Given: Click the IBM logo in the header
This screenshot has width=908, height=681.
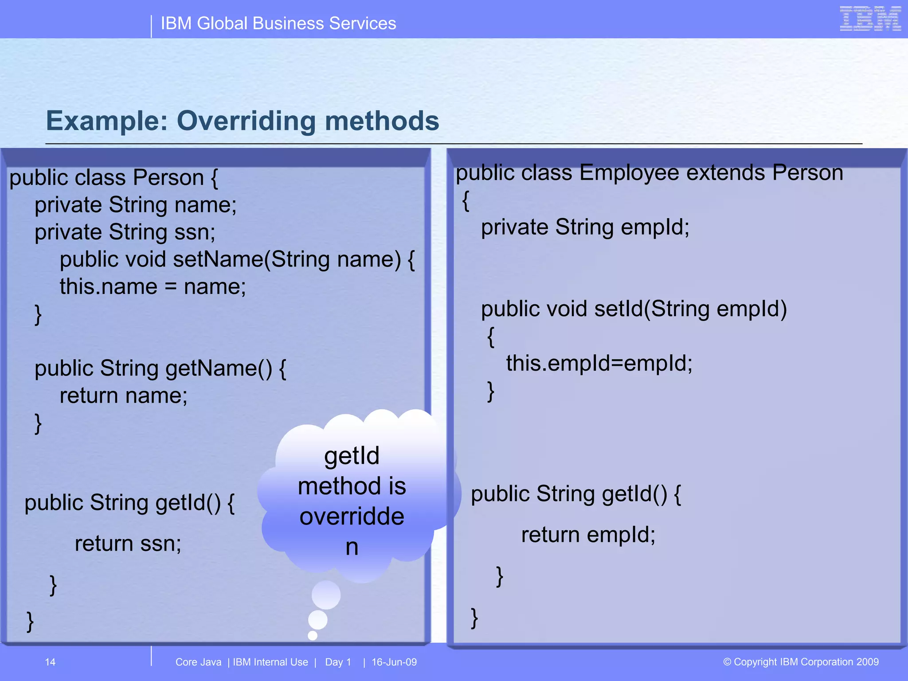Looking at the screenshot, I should click(870, 19).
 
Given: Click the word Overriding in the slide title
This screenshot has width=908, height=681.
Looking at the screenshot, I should click(247, 121).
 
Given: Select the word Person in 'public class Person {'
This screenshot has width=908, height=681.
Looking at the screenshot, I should click(168, 177).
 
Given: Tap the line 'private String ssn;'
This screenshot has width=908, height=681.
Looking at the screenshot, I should click(125, 232).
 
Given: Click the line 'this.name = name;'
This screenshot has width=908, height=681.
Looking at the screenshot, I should click(153, 286).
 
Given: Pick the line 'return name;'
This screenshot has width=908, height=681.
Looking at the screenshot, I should click(124, 395).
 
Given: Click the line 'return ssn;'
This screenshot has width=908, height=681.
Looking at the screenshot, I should click(128, 544).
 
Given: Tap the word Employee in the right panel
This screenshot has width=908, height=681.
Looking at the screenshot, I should click(629, 172).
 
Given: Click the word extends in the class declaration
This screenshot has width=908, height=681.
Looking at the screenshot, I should click(725, 172).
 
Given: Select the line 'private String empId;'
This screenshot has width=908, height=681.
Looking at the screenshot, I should click(585, 227).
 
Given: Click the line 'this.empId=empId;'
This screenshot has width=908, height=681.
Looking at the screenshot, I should click(599, 363).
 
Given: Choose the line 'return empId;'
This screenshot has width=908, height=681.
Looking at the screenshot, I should click(588, 535).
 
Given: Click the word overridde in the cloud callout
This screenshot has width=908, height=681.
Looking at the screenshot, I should click(352, 517).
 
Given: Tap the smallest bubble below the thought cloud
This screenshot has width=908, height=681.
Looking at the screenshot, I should click(313, 635).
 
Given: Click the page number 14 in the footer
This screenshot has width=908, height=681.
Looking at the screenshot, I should click(50, 662).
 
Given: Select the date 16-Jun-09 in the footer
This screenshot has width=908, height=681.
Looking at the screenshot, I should click(394, 662).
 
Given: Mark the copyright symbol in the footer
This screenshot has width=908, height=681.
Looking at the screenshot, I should click(727, 662).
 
